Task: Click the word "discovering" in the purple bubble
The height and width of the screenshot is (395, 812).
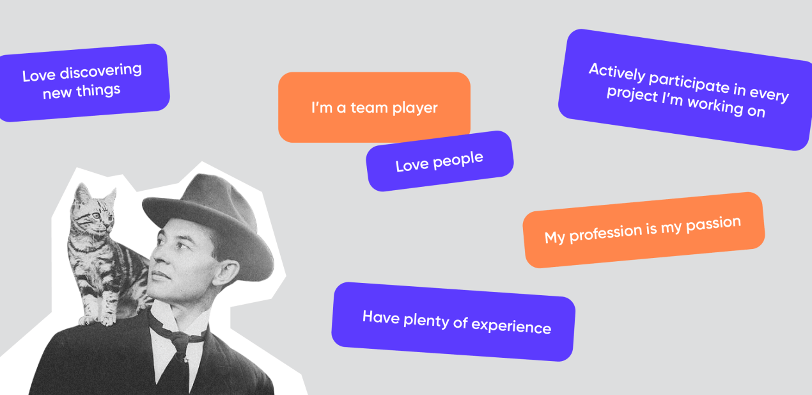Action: tap(100, 71)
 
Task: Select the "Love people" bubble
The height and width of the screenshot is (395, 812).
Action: tap(440, 161)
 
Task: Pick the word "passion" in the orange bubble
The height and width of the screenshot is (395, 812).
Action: tap(714, 224)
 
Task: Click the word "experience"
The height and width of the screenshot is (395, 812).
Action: tap(511, 326)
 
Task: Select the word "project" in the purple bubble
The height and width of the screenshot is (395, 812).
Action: tap(632, 94)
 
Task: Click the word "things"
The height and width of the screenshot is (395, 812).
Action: tap(98, 90)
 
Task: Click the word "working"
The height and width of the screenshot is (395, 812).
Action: tap(715, 106)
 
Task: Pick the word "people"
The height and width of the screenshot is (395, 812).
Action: tap(458, 161)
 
